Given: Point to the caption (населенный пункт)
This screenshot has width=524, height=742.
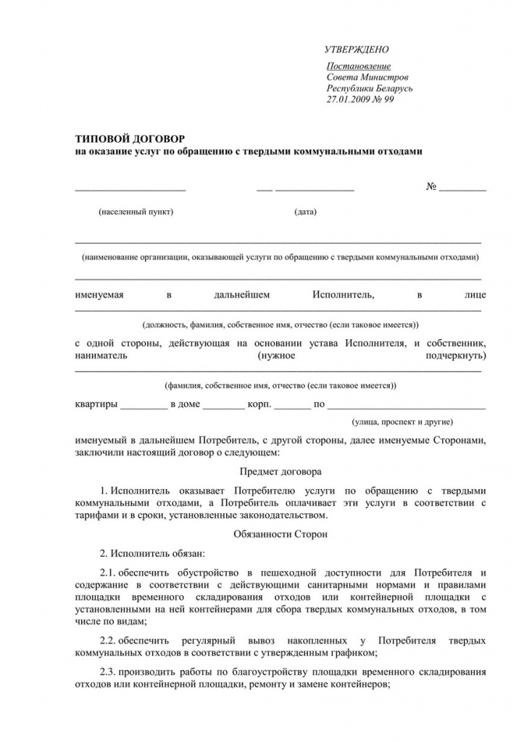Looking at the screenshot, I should pyautogui.click(x=136, y=212).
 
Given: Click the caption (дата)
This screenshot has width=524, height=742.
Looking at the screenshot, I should pyautogui.click(x=305, y=212).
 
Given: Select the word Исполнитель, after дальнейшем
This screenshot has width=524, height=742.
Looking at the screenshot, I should pyautogui.click(x=344, y=295).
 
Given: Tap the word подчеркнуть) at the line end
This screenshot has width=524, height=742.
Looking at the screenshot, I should pyautogui.click(x=456, y=356).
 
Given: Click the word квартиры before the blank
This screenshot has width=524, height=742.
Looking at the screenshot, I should pyautogui.click(x=96, y=404).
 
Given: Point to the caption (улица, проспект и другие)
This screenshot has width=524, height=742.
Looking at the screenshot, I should pyautogui.click(x=402, y=421).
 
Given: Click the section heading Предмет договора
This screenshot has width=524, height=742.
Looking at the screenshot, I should pyautogui.click(x=280, y=471).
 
